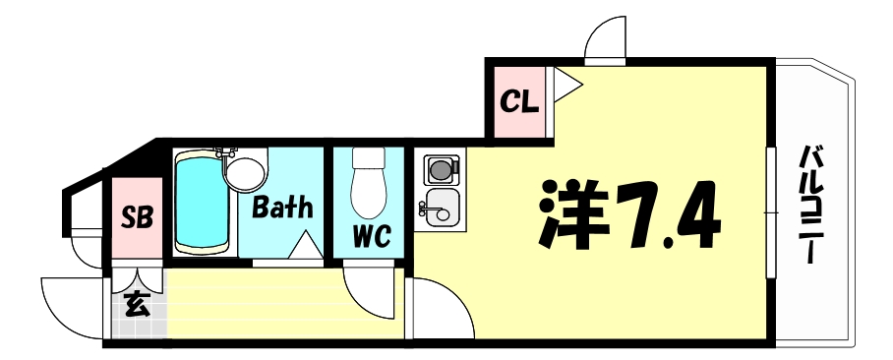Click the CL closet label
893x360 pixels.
tap(518, 101)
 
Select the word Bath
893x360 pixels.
tap(282, 208)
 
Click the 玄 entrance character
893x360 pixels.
tap(137, 306)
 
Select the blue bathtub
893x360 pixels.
tap(202, 202)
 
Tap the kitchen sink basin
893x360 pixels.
tap(442, 209)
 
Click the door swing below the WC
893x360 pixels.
tap(372, 292)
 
